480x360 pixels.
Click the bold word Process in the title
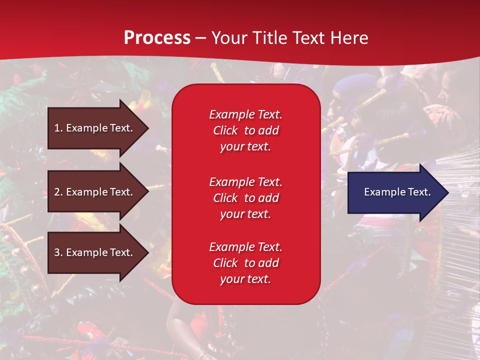[x=157, y=38]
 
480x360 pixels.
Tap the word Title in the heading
[x=269, y=38]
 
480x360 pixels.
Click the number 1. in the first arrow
[x=58, y=128]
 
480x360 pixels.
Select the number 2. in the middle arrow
[x=58, y=192]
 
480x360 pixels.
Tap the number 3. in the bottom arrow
[x=58, y=252]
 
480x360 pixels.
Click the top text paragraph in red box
[x=245, y=130]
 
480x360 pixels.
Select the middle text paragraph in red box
[x=245, y=198]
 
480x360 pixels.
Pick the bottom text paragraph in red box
[x=245, y=263]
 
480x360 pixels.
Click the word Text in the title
[x=308, y=38]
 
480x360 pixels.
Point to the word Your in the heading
[x=229, y=38]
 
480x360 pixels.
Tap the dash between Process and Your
[x=200, y=38]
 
